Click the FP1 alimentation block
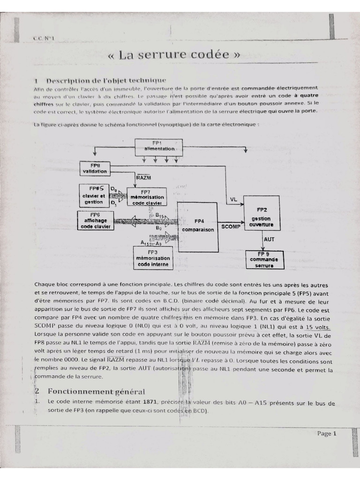click(158, 146)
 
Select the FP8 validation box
click(95, 169)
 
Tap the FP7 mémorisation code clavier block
click(147, 197)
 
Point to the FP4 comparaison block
click(197, 226)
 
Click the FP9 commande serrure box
click(265, 259)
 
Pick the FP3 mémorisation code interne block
click(153, 258)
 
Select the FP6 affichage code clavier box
click(95, 220)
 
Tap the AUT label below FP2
click(270, 239)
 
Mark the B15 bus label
click(160, 215)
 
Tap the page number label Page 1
click(327, 434)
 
